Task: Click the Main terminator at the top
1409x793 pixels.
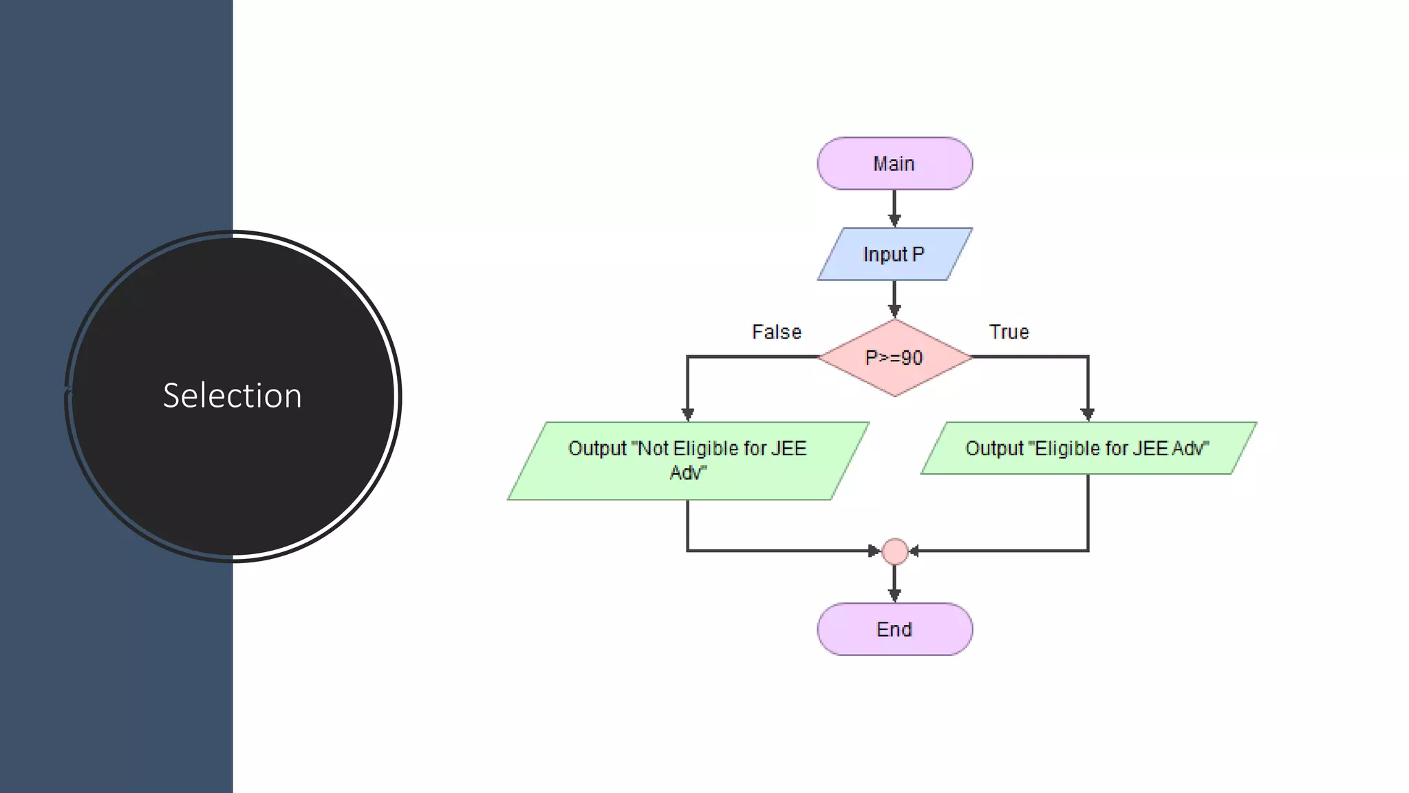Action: [x=894, y=163]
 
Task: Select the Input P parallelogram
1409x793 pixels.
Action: [x=894, y=254]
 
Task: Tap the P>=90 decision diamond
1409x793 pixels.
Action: [x=894, y=357]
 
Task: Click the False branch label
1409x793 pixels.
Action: [x=776, y=332]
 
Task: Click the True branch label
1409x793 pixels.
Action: [x=1009, y=332]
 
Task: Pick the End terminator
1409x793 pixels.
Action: [x=894, y=629]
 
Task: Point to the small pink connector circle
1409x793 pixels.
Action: [x=894, y=551]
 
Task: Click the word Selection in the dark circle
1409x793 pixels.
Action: [x=233, y=396]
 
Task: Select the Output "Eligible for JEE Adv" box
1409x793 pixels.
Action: [x=1088, y=448]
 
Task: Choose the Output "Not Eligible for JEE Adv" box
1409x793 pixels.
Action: [x=688, y=461]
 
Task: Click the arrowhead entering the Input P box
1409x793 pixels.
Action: [x=894, y=220]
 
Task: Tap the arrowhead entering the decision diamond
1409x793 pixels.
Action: [x=894, y=311]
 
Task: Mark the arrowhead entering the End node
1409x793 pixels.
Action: [x=894, y=595]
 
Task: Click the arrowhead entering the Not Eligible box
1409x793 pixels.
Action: [x=687, y=414]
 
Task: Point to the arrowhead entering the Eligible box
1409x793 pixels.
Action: [x=1088, y=414]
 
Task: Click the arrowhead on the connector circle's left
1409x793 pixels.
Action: [x=874, y=551]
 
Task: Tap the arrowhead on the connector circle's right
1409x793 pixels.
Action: [x=915, y=551]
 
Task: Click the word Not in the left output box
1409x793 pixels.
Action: [x=654, y=449]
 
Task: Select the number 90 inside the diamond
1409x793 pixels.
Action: [x=912, y=358]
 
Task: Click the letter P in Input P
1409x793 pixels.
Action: [x=918, y=254]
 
